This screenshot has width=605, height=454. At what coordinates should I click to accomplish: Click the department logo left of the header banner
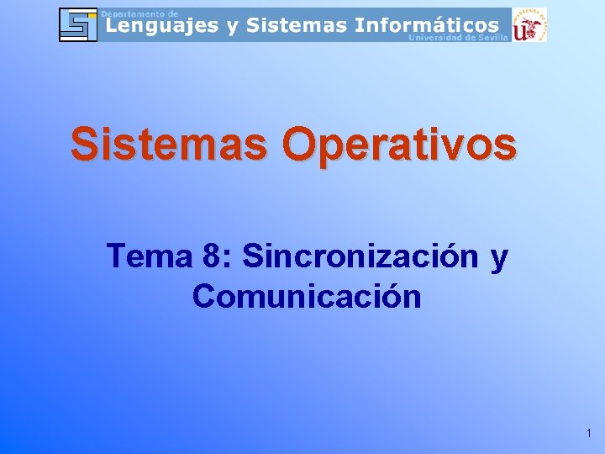pyautogui.click(x=78, y=24)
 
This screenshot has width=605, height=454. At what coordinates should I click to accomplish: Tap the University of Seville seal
pyautogui.click(x=530, y=24)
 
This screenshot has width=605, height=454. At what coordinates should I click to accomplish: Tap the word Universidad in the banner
pyautogui.click(x=438, y=38)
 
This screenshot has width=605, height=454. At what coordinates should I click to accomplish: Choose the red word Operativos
pyautogui.click(x=399, y=145)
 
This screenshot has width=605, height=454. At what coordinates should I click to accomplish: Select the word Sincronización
pyautogui.click(x=360, y=256)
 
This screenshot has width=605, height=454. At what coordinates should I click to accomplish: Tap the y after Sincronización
pyautogui.click(x=499, y=259)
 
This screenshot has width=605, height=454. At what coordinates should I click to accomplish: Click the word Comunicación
pyautogui.click(x=307, y=296)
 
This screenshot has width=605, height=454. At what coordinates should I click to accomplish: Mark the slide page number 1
pyautogui.click(x=589, y=434)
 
